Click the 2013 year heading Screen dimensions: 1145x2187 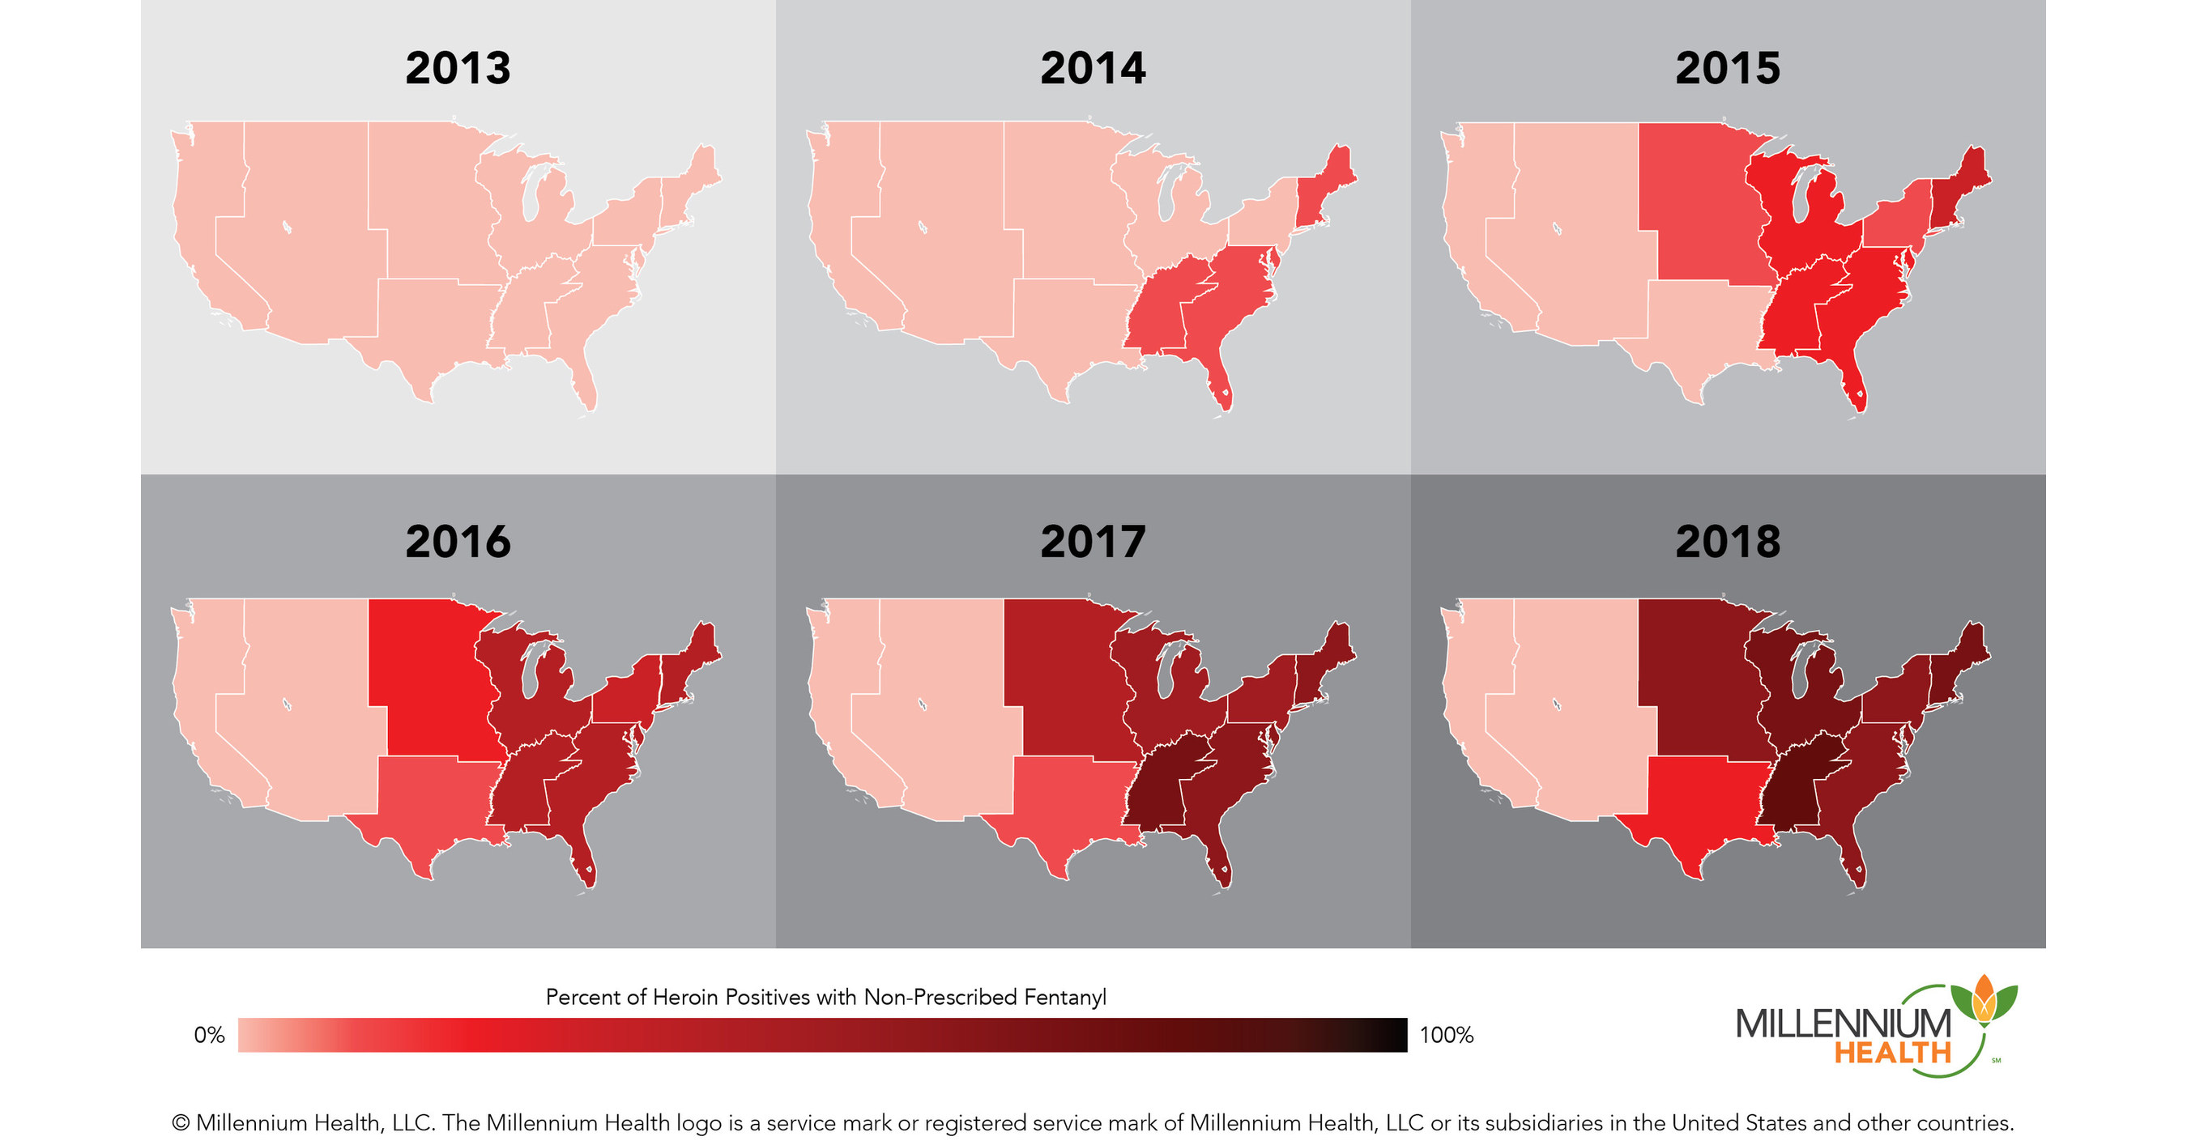tap(458, 68)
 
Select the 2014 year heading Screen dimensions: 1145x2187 tap(1093, 68)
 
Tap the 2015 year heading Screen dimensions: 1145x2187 tap(1728, 68)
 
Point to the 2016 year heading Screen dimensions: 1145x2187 tap(458, 542)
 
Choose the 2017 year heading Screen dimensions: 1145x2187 tap(1093, 542)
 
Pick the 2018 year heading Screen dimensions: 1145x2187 tap(1728, 542)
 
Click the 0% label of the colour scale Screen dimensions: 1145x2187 tap(209, 1035)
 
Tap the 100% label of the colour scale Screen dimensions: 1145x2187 tap(1446, 1035)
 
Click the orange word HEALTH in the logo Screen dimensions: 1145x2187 tap(1892, 1053)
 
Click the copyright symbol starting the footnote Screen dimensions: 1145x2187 tap(180, 1123)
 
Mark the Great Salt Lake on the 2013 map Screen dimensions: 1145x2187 tap(287, 227)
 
